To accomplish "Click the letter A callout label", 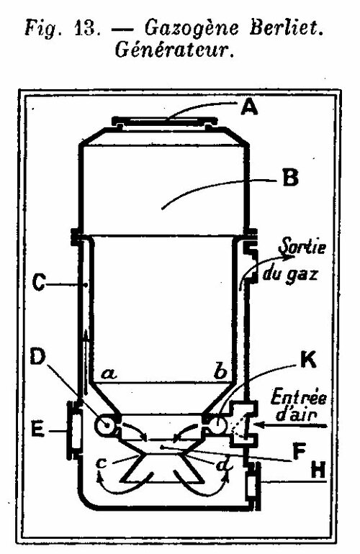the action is pos(249,106).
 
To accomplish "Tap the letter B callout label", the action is pos(290,178).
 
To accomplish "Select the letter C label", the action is pos(39,283).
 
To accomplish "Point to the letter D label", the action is pos(38,357).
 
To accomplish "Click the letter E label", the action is pos(37,430).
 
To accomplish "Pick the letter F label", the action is pos(300,452).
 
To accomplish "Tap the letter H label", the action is pos(318,471).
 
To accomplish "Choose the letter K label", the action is pos(308,360).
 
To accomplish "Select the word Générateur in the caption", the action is pos(175,50).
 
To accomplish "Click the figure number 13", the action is pos(86,28).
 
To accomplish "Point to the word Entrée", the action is pos(299,397).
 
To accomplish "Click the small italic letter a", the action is pos(109,373).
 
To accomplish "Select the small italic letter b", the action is pos(220,371).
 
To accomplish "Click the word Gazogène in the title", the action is pos(192,28).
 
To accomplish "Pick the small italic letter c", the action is pos(102,463).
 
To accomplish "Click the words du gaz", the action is pos(290,273).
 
